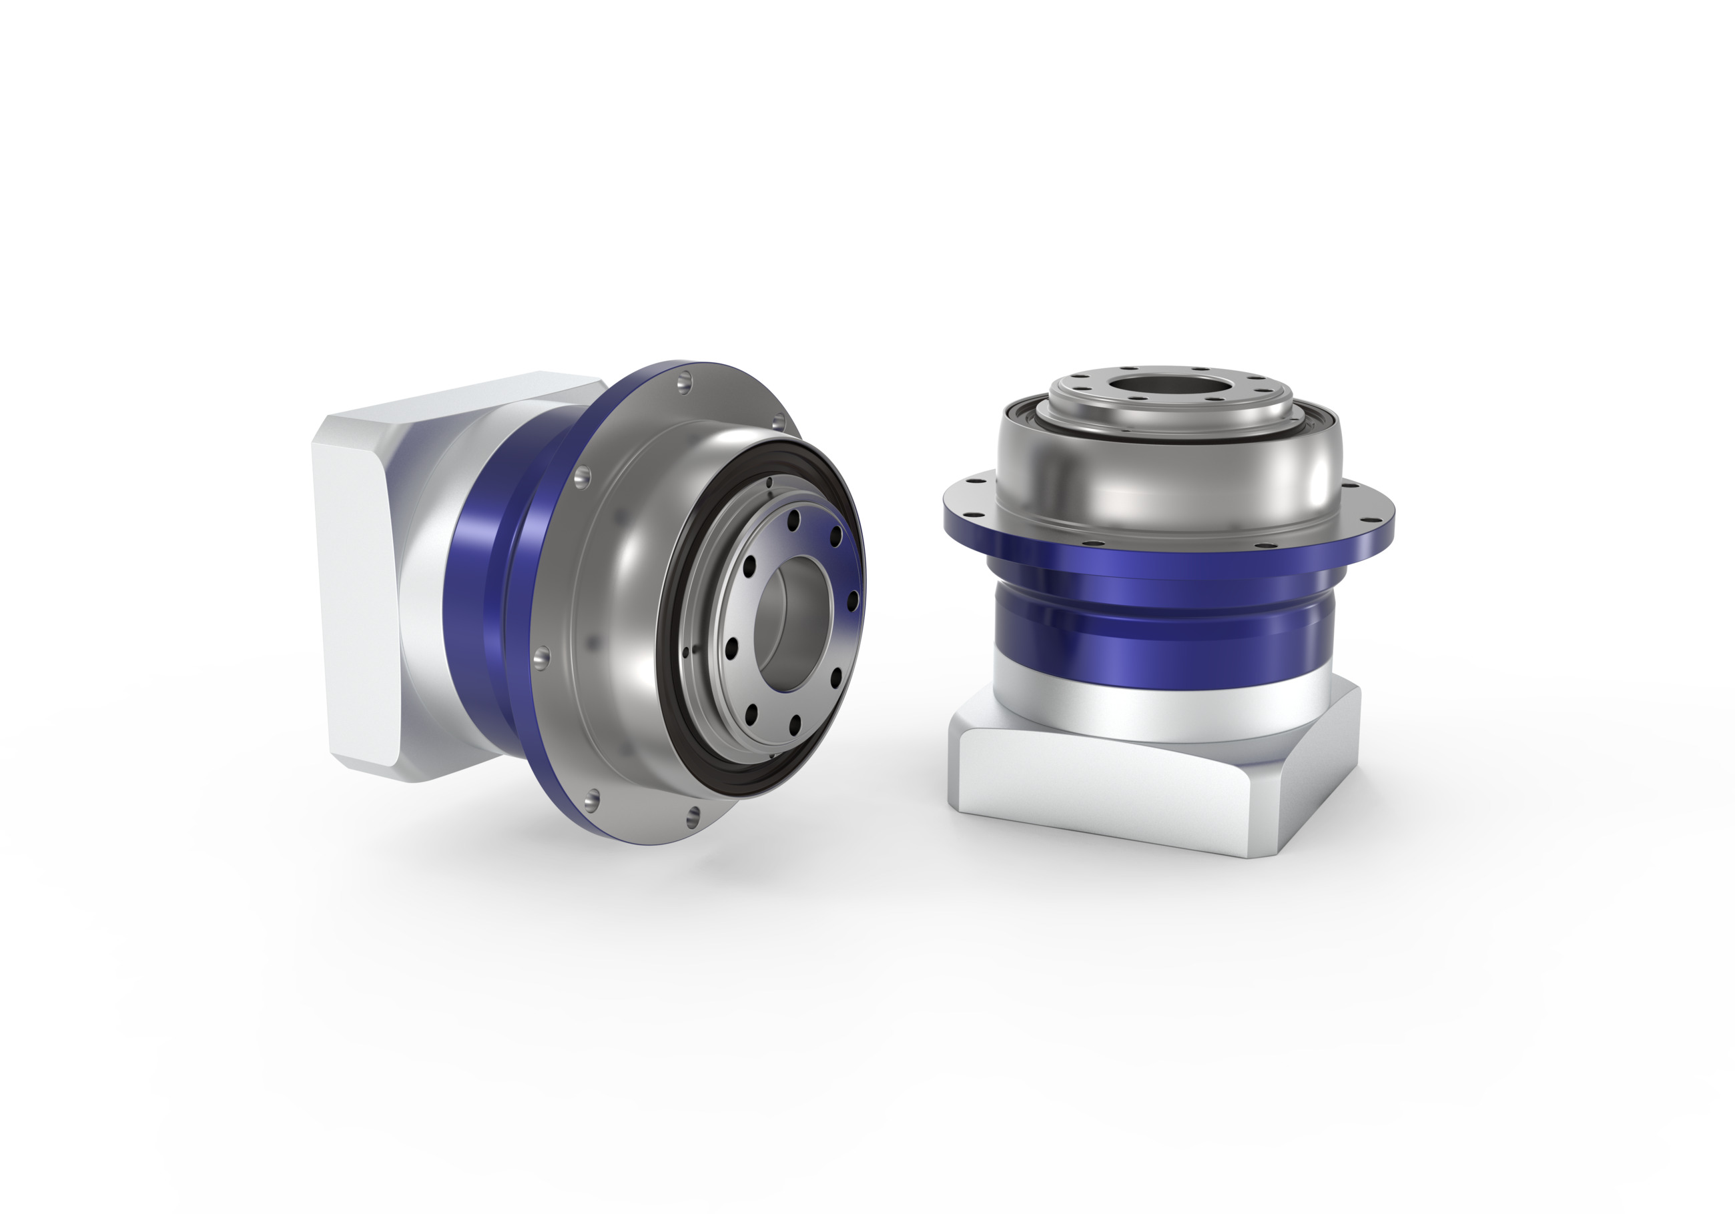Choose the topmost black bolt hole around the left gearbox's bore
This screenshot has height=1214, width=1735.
[793, 519]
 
